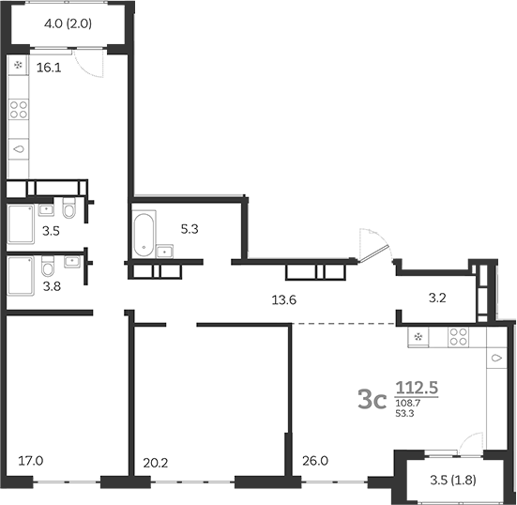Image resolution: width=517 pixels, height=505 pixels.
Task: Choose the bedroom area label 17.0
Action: point(30,460)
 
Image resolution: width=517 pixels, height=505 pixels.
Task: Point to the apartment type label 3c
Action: point(373,401)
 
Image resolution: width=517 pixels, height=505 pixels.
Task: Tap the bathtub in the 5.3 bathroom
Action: point(143,235)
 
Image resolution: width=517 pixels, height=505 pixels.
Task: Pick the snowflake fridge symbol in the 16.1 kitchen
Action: point(21,67)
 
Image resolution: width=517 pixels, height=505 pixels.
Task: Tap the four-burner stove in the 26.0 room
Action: point(459,335)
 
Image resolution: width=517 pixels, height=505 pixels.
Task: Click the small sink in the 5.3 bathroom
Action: point(166,250)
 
